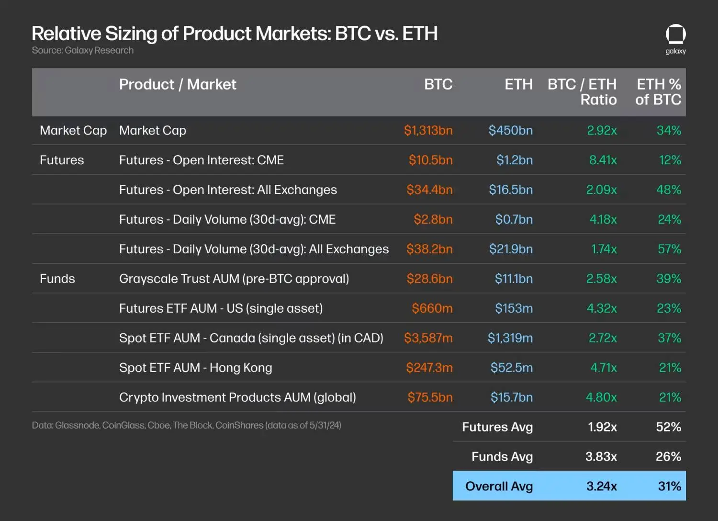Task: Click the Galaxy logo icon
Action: [675, 34]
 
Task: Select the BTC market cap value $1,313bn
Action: [428, 130]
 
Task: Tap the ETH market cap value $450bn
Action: [510, 130]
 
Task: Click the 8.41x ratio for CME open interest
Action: [603, 160]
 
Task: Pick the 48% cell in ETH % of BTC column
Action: [669, 190]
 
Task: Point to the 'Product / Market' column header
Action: [178, 84]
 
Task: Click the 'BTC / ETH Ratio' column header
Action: [582, 92]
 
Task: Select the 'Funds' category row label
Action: [57, 279]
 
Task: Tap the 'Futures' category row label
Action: [62, 160]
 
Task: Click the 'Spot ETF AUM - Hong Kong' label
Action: [195, 368]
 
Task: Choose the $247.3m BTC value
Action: [429, 368]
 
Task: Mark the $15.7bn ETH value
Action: [511, 397]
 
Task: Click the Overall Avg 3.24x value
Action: [601, 486]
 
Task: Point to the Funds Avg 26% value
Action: [668, 456]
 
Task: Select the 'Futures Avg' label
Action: [497, 427]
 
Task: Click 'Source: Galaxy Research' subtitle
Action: [83, 50]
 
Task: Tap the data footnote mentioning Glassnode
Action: [186, 425]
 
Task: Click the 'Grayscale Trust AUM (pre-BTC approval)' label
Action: [234, 279]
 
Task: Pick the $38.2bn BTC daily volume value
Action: [429, 249]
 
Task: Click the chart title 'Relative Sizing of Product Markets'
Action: [235, 34]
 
